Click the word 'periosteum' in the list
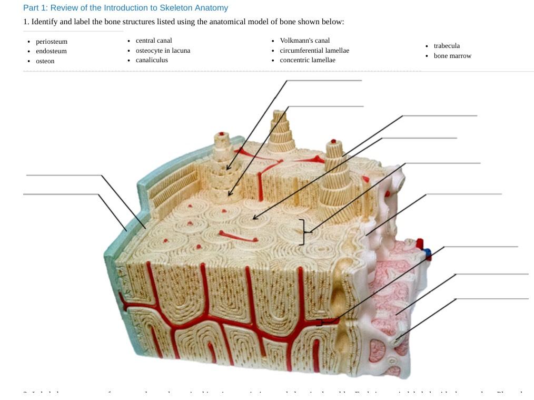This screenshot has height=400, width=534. (52, 42)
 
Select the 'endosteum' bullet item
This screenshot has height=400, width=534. (51, 51)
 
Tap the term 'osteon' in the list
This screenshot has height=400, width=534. (45, 61)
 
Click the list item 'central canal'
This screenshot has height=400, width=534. (154, 41)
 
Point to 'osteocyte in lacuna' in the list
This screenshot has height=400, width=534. (163, 51)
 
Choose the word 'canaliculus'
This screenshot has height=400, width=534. (152, 60)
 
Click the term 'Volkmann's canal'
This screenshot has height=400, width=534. (305, 41)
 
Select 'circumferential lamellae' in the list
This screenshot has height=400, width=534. (314, 51)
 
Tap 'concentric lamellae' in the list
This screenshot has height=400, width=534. (308, 60)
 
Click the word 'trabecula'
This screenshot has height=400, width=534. (447, 46)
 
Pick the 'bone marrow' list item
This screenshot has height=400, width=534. (452, 56)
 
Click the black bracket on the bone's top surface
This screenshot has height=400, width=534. (302, 232)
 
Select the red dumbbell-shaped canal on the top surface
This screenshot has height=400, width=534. (238, 237)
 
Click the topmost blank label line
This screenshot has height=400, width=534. (324, 81)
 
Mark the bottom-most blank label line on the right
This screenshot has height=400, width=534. (492, 299)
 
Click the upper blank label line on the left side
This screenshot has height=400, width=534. (63, 175)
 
